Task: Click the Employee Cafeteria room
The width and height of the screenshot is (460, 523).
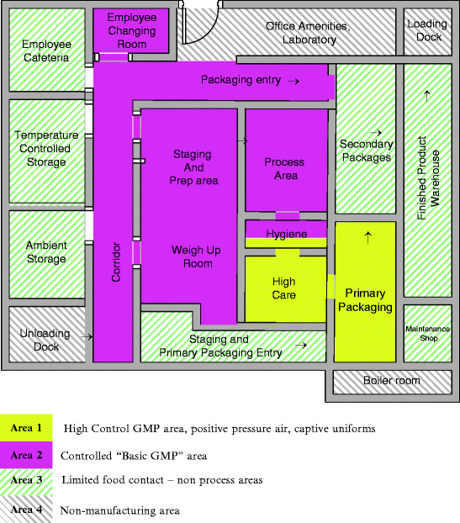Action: (46, 50)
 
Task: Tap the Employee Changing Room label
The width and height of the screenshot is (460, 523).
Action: (133, 30)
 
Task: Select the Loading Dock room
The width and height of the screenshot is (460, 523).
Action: (427, 30)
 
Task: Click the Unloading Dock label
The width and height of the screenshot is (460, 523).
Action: (45, 340)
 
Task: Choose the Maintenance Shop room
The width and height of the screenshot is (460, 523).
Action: (427, 333)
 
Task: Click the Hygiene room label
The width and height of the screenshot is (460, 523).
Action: (286, 234)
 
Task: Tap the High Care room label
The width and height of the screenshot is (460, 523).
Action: (284, 288)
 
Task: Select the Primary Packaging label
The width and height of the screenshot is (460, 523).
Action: (365, 300)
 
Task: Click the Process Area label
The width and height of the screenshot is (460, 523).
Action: (285, 168)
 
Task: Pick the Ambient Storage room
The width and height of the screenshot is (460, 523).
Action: (46, 252)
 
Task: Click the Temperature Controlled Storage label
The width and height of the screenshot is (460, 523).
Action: (46, 149)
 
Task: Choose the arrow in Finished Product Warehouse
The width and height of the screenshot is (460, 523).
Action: (427, 97)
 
